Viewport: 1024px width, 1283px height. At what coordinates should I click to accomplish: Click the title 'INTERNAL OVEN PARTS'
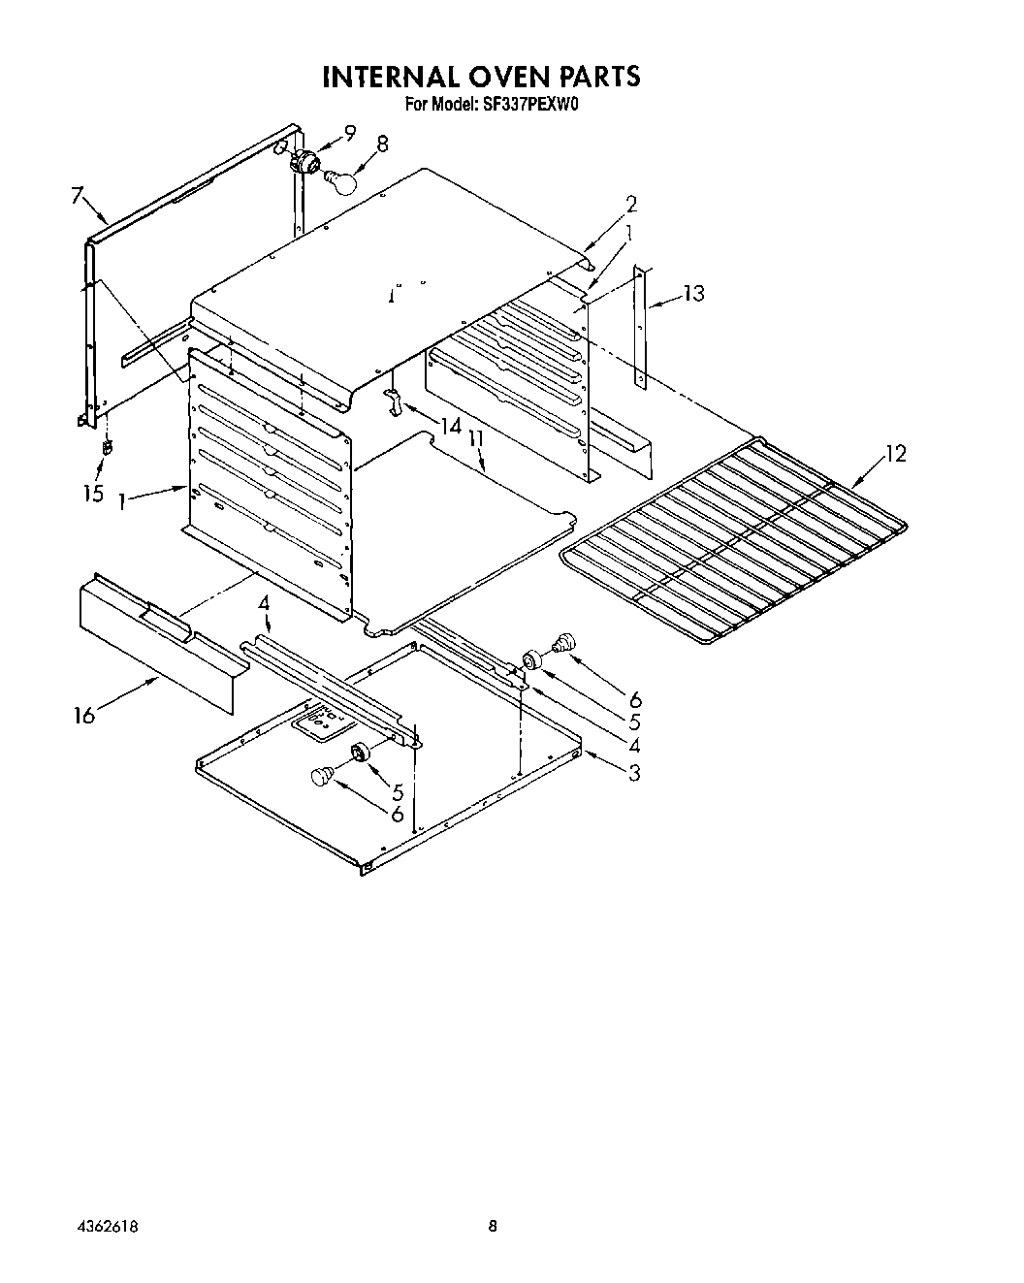click(x=481, y=77)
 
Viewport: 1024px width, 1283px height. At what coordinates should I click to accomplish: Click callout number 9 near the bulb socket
click(x=350, y=134)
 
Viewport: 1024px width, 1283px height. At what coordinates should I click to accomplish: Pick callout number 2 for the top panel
click(x=631, y=205)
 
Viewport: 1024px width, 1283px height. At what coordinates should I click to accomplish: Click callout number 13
click(x=694, y=293)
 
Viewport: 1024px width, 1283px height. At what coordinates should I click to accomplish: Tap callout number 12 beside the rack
click(x=896, y=453)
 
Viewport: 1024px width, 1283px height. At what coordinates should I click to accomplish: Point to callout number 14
click(x=450, y=426)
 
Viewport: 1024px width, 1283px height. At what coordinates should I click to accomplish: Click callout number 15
click(x=92, y=494)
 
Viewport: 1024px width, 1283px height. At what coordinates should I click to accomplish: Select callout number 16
click(x=84, y=716)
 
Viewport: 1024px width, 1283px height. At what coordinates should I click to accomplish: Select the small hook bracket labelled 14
click(x=394, y=399)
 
